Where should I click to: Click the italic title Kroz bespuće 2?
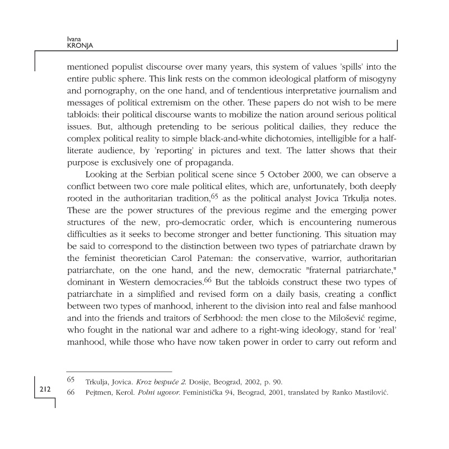(x=141, y=382)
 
